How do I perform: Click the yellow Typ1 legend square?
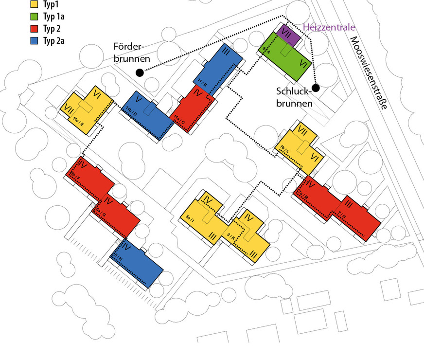pyautogui.click(x=34, y=4)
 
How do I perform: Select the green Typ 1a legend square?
pyautogui.click(x=34, y=17)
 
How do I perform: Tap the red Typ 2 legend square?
pyautogui.click(x=34, y=29)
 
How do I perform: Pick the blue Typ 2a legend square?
pyautogui.click(x=34, y=40)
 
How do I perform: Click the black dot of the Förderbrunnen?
pyautogui.click(x=140, y=72)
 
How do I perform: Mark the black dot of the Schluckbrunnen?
pyautogui.click(x=316, y=88)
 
